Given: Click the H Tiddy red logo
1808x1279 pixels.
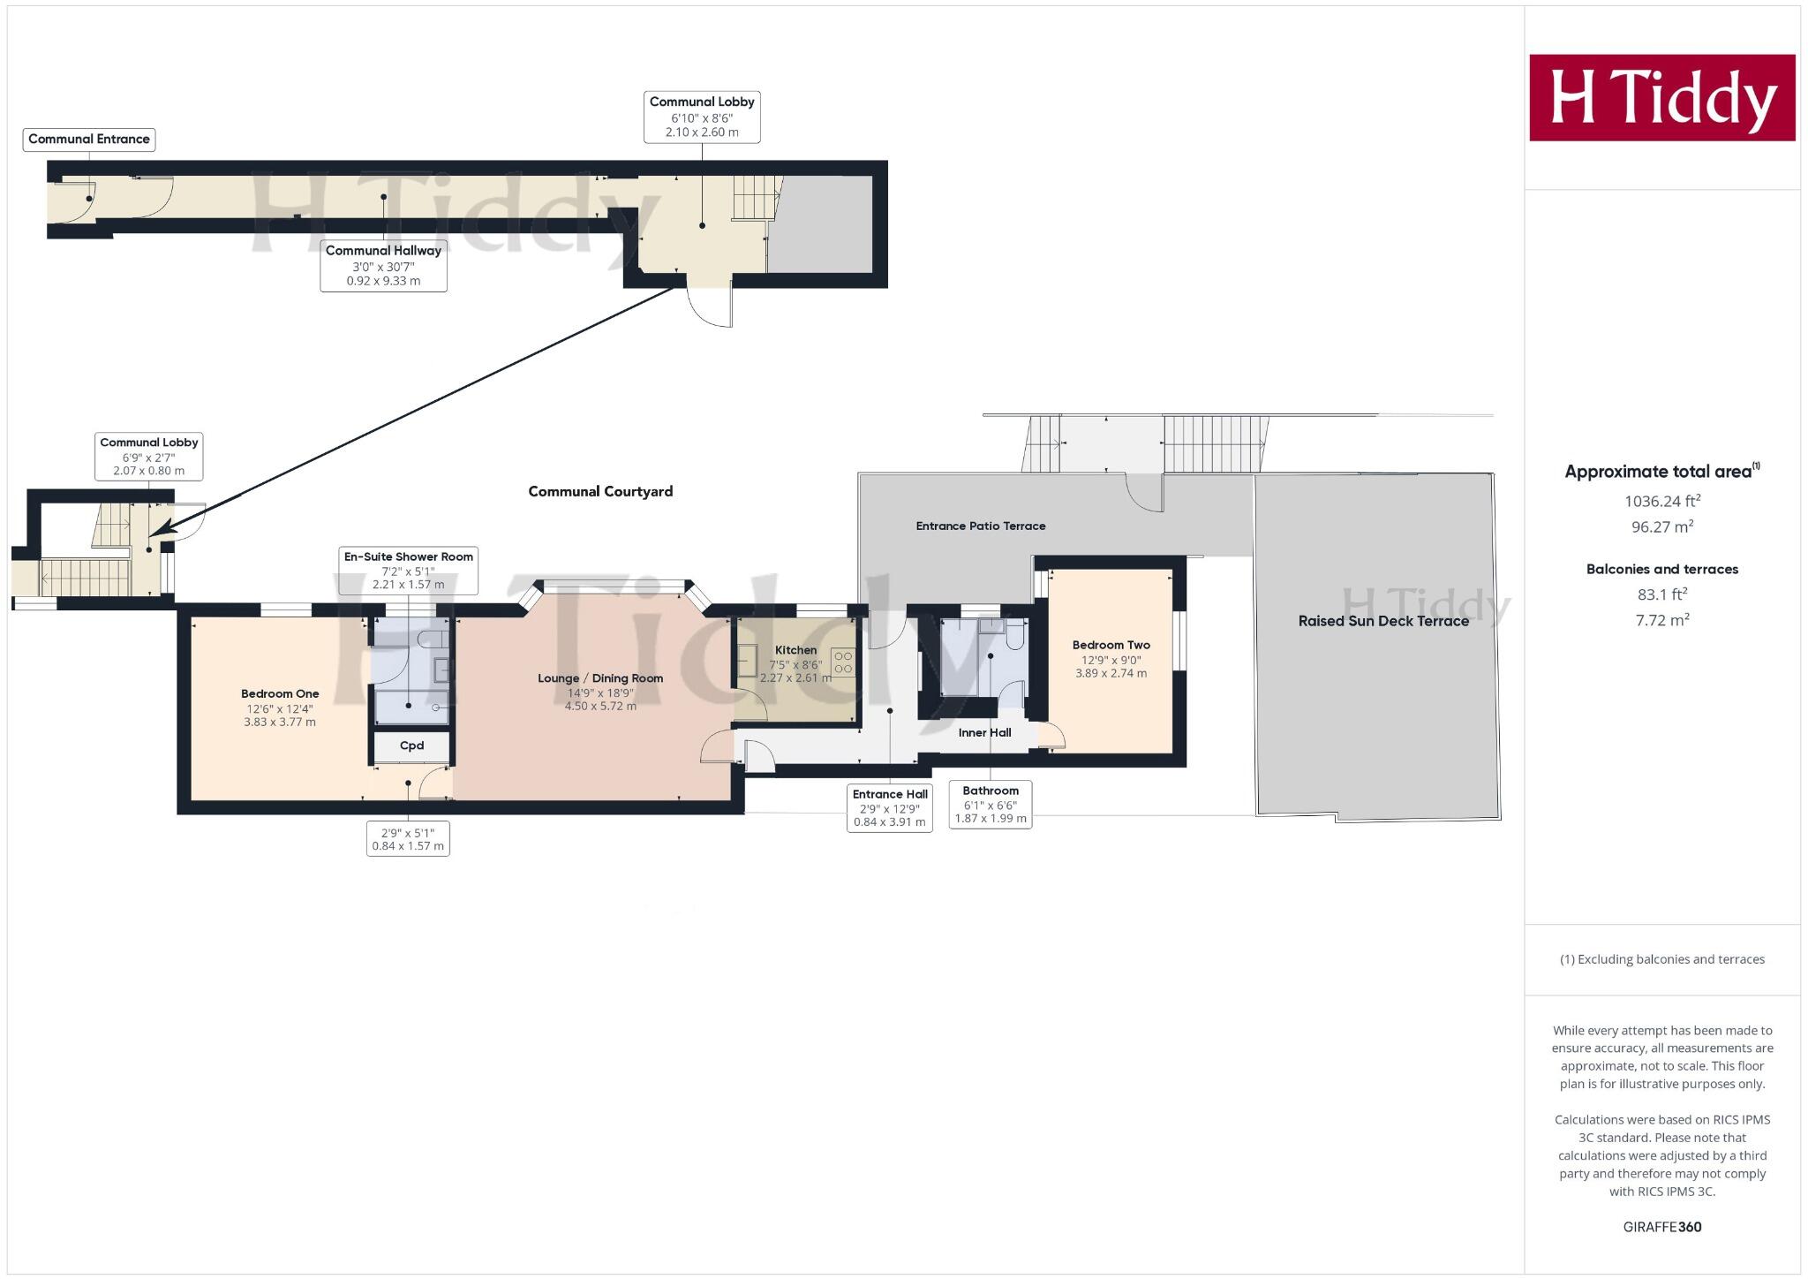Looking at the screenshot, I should (x=1661, y=97).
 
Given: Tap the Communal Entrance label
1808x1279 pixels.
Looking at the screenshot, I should (x=89, y=139).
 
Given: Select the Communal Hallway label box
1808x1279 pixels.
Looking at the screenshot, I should (x=383, y=265).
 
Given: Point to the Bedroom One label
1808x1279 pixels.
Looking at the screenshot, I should (x=280, y=694).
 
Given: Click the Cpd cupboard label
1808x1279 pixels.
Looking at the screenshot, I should (x=411, y=746).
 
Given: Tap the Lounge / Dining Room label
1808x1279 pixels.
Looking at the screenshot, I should (x=600, y=678).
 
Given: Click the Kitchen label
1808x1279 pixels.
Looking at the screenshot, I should (x=795, y=650).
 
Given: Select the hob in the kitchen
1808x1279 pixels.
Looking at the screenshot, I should (x=842, y=662).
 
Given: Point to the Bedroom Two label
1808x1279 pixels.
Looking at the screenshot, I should (x=1111, y=646).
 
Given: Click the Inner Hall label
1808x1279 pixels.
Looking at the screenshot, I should (x=984, y=732).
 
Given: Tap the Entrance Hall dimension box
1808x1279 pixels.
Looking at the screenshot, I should (x=889, y=807).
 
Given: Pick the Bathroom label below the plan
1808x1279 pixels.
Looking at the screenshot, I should (x=991, y=791).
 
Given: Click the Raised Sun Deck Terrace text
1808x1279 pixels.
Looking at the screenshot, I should (x=1382, y=621).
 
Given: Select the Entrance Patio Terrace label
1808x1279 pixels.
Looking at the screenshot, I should (x=980, y=526).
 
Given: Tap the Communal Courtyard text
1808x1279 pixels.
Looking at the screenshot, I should (x=600, y=492).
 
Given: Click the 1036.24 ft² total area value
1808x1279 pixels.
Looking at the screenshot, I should (x=1661, y=502).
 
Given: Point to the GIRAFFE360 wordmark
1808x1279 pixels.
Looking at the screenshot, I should (x=1661, y=1227).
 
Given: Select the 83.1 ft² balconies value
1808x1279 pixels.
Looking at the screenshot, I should (x=1661, y=594).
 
